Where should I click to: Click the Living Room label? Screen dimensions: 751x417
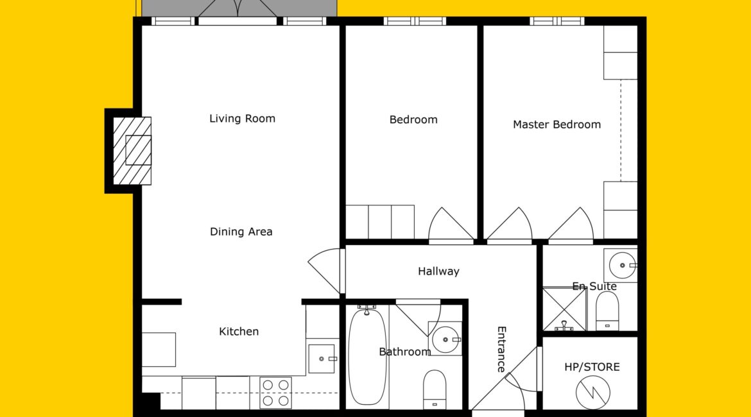tap(243, 119)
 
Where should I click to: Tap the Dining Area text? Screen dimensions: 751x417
tap(241, 232)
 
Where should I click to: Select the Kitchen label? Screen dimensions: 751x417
tap(239, 331)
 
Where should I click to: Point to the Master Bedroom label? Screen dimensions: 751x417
tap(557, 124)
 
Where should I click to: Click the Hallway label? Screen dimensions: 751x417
tap(438, 271)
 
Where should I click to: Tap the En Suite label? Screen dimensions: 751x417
tap(594, 286)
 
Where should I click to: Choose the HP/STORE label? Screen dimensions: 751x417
tap(592, 367)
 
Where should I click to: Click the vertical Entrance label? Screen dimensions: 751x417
tap(501, 349)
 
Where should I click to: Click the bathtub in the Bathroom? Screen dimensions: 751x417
tap(367, 357)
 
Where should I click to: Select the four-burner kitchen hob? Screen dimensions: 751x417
tap(275, 393)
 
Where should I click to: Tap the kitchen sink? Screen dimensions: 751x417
tap(322, 359)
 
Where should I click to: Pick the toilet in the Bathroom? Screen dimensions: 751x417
tap(435, 389)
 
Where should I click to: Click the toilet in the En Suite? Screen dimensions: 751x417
tap(607, 311)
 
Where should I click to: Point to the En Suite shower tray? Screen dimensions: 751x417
tap(565, 309)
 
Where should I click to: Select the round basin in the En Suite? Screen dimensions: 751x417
tap(622, 265)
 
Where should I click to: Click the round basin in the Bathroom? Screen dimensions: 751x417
tap(446, 339)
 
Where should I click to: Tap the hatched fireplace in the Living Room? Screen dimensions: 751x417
tap(132, 151)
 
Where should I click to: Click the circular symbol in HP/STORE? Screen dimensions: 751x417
tap(593, 393)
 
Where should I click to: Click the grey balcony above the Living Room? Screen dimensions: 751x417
tap(239, 8)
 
